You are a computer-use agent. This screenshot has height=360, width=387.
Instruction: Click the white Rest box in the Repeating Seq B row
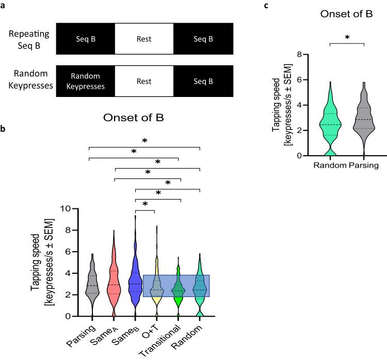pyautogui.click(x=144, y=39)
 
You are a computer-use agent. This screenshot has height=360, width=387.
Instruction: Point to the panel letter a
pyautogui.click(x=4, y=6)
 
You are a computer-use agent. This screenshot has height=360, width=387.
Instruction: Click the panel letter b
pyautogui.click(x=4, y=132)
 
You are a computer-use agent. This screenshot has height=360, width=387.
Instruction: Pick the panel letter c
pyautogui.click(x=266, y=6)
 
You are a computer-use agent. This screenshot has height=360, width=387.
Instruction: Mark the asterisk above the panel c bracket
pyautogui.click(x=346, y=38)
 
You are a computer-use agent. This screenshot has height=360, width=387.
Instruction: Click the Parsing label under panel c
pyautogui.click(x=364, y=165)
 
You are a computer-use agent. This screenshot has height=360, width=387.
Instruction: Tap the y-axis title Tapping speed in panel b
pyautogui.click(x=41, y=263)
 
